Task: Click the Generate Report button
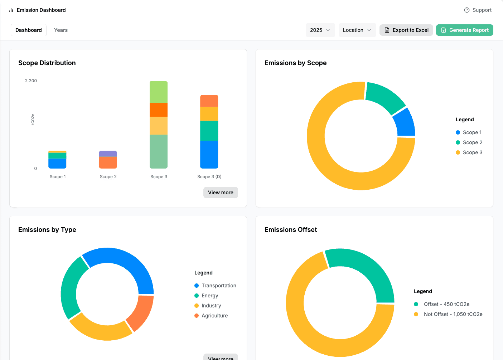click(464, 30)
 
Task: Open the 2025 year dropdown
click(320, 30)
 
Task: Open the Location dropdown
click(357, 30)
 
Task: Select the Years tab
click(61, 30)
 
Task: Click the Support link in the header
click(478, 10)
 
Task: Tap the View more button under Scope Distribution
click(221, 193)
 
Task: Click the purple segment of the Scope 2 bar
click(108, 154)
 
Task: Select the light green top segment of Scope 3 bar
click(159, 92)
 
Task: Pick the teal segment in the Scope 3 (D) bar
click(209, 131)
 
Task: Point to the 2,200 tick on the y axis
click(31, 81)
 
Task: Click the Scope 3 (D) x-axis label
click(209, 177)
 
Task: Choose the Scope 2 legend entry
click(469, 142)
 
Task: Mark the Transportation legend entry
click(215, 286)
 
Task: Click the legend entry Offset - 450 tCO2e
click(441, 304)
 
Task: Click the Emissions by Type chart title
click(47, 230)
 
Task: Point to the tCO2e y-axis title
click(33, 120)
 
